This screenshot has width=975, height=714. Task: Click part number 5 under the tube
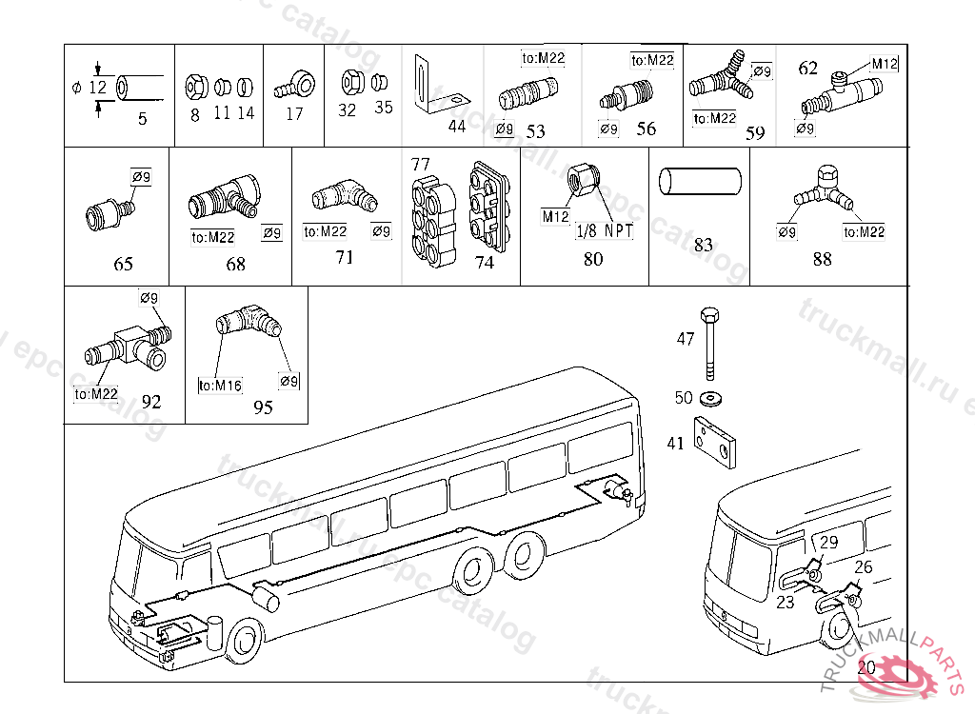[142, 119]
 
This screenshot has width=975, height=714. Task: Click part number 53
[535, 130]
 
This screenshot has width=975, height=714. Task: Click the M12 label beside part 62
[885, 64]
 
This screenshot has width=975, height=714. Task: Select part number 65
[123, 264]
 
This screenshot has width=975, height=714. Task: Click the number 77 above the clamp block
[420, 164]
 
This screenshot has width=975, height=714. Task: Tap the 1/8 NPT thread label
[605, 230]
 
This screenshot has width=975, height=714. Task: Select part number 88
[822, 258]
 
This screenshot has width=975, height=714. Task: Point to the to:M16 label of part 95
[220, 386]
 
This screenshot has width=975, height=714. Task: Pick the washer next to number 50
[709, 396]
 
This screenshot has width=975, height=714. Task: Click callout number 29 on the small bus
[829, 543]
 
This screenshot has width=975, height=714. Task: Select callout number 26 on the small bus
[863, 567]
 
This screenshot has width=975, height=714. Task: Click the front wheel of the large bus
[245, 643]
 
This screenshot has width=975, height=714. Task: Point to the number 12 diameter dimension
[97, 87]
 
